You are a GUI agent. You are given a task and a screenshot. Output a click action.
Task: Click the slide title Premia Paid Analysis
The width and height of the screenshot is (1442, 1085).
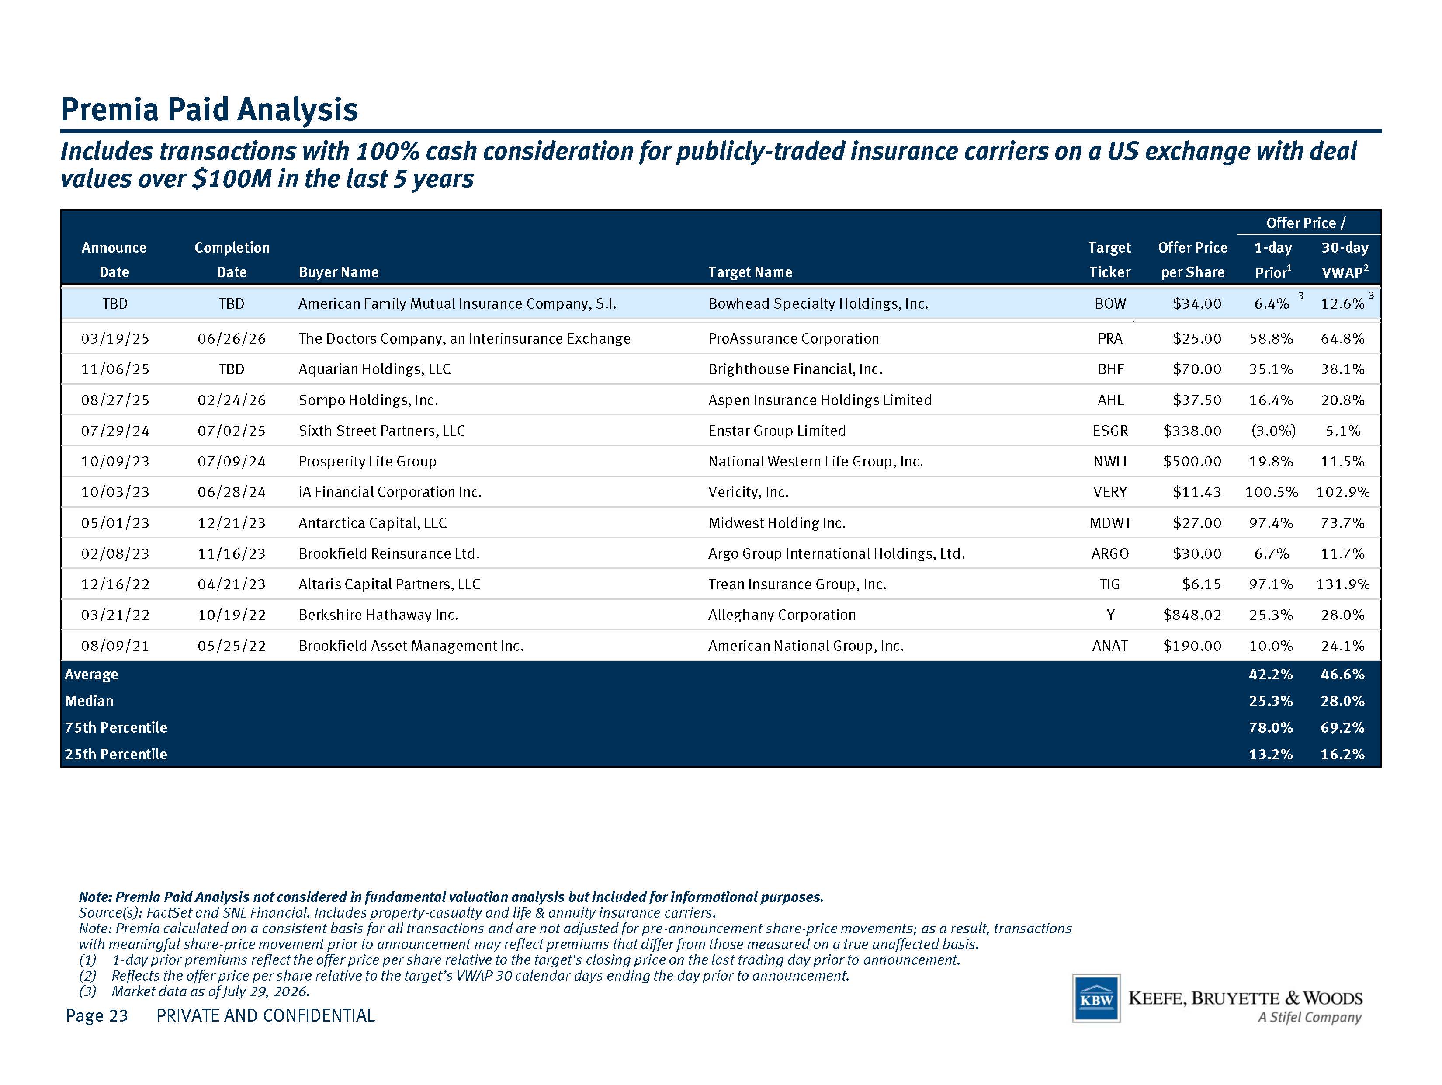pyautogui.click(x=209, y=109)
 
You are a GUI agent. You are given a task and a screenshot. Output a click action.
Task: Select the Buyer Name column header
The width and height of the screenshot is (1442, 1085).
pyautogui.click(x=338, y=272)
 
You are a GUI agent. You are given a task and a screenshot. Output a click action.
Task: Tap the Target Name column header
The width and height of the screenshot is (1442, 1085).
pyautogui.click(x=750, y=272)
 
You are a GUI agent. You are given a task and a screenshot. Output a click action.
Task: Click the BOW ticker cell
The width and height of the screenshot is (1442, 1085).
pyautogui.click(x=1110, y=303)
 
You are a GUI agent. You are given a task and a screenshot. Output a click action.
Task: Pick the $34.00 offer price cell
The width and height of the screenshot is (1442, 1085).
pyautogui.click(x=1197, y=303)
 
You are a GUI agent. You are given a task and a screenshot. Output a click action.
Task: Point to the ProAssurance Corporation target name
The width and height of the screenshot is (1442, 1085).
pyautogui.click(x=794, y=338)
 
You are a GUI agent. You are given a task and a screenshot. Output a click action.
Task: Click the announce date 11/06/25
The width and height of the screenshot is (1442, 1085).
pyautogui.click(x=115, y=369)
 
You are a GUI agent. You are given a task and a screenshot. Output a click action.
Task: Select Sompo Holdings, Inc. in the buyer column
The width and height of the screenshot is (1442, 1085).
pyautogui.click(x=368, y=400)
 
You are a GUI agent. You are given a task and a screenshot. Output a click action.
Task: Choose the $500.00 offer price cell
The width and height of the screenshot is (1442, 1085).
pyautogui.click(x=1192, y=461)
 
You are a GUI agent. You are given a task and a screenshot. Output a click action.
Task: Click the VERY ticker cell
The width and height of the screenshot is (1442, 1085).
pyautogui.click(x=1110, y=492)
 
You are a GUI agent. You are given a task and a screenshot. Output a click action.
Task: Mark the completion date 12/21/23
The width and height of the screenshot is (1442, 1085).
pyautogui.click(x=232, y=522)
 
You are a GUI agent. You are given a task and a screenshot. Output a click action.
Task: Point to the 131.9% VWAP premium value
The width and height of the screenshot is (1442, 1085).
pyautogui.click(x=1343, y=584)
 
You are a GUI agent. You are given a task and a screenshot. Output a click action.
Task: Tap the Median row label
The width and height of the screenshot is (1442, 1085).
pyautogui.click(x=89, y=700)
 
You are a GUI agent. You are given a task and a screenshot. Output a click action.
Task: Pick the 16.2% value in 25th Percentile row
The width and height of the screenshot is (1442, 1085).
pyautogui.click(x=1342, y=754)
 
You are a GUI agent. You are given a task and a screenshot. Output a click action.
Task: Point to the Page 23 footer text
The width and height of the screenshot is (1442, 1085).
pyautogui.click(x=97, y=1015)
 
